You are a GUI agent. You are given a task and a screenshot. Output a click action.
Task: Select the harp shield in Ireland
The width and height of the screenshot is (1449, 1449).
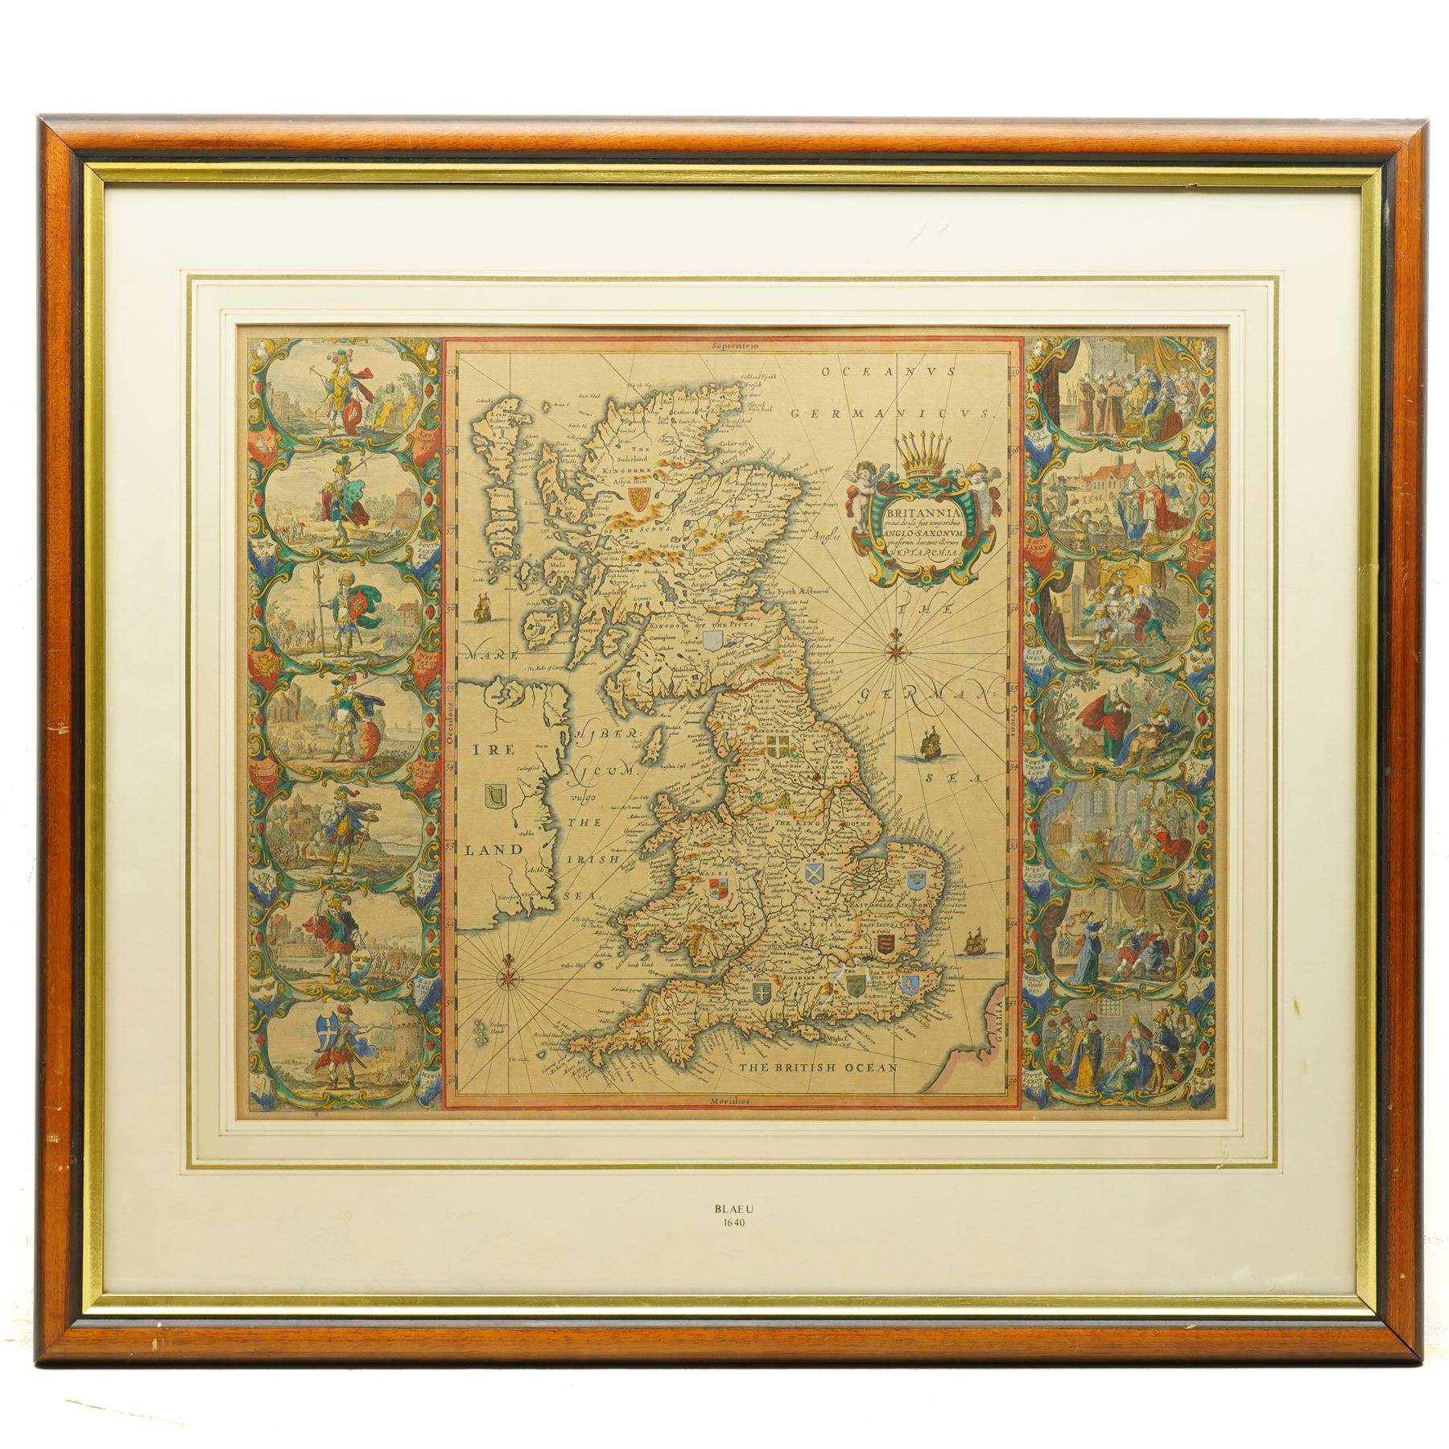[x=492, y=797]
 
